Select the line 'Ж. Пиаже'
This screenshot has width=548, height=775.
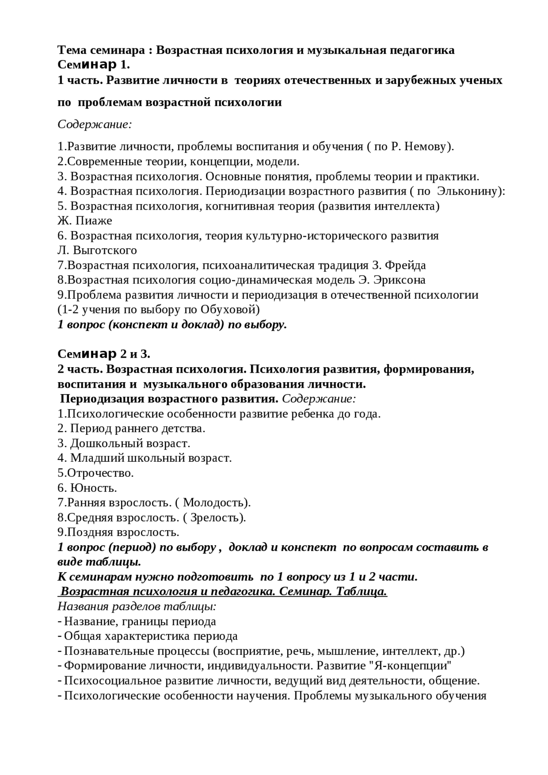click(x=85, y=221)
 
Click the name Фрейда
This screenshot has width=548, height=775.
click(x=405, y=265)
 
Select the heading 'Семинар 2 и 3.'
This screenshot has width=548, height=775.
click(x=104, y=354)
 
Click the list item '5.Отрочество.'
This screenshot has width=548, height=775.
click(x=96, y=473)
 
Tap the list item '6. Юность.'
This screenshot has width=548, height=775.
click(x=87, y=488)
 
